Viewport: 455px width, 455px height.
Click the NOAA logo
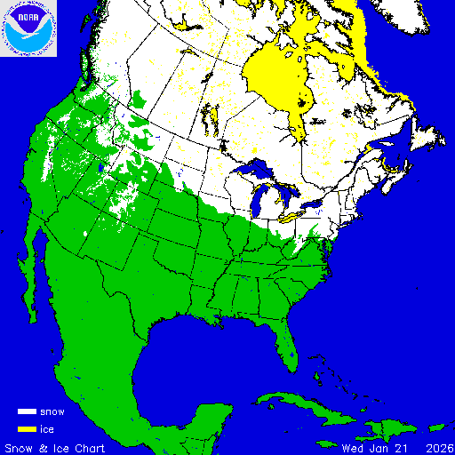pyautogui.click(x=28, y=28)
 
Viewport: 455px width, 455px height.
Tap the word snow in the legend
pyautogui.click(x=52, y=412)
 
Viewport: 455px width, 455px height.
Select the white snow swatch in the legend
pyautogui.click(x=27, y=412)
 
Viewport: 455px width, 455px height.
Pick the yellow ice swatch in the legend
pyautogui.click(x=27, y=429)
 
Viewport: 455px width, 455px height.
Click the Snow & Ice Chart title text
pyautogui.click(x=55, y=447)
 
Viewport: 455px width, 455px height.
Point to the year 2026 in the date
pyautogui.click(x=436, y=447)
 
